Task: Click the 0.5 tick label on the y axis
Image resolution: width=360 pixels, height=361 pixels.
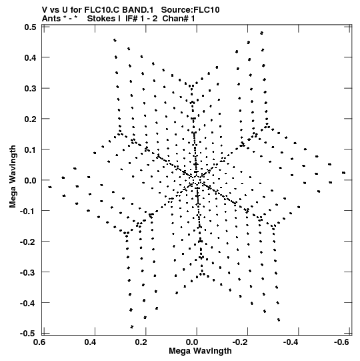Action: pos(31,27)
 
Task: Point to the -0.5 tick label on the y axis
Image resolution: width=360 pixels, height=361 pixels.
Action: pos(28,334)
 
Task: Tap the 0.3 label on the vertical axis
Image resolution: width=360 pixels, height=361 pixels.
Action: pos(31,88)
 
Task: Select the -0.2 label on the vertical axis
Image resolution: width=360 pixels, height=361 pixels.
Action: pos(28,242)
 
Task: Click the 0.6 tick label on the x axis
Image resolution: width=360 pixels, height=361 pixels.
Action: pos(39,342)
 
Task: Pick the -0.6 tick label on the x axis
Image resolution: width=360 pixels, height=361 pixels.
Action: pos(341,342)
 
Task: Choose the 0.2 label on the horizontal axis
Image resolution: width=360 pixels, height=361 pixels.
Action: pos(141,342)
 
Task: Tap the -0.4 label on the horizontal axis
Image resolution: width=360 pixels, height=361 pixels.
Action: pos(291,342)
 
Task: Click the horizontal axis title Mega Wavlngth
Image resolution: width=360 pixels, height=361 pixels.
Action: pos(200,350)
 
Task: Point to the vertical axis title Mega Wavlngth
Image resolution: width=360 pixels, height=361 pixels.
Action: pos(13,177)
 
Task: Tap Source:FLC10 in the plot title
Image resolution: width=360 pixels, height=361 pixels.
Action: pos(190,10)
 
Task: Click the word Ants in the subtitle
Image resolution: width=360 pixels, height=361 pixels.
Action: pos(51,19)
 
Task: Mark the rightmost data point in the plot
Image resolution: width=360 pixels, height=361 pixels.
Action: pos(343,173)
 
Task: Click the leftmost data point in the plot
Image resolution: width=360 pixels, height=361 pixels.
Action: pos(50,188)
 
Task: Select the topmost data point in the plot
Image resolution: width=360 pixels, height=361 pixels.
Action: pos(261,33)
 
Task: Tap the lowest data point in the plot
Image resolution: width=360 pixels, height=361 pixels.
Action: pos(132,327)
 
